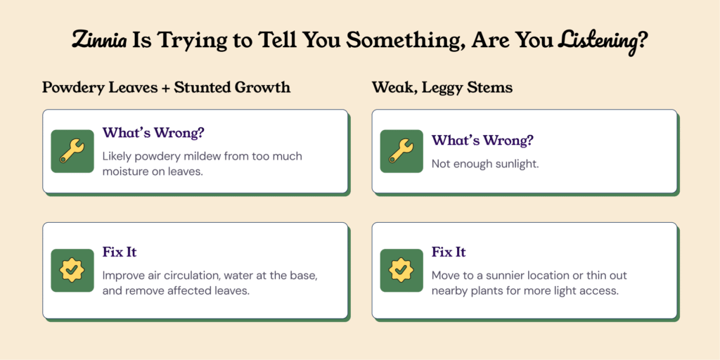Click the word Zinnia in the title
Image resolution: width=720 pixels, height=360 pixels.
(98, 41)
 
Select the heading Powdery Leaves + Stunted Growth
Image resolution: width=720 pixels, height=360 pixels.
(166, 87)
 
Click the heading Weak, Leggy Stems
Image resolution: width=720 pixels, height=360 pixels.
(442, 88)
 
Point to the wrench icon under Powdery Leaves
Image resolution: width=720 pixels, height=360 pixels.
(72, 151)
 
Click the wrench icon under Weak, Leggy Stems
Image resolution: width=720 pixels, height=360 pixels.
(401, 151)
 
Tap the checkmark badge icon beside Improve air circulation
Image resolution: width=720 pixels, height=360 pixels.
(72, 271)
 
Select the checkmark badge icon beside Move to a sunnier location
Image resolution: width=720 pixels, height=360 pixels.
(401, 271)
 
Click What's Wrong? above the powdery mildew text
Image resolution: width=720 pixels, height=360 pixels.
(153, 133)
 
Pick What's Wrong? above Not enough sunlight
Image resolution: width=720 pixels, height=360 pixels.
(482, 141)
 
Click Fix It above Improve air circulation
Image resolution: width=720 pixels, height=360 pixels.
(120, 252)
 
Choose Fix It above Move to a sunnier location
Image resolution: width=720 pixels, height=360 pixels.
(449, 252)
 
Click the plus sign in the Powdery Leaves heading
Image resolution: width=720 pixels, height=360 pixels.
(165, 87)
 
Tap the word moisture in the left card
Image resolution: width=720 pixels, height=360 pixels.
(122, 172)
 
